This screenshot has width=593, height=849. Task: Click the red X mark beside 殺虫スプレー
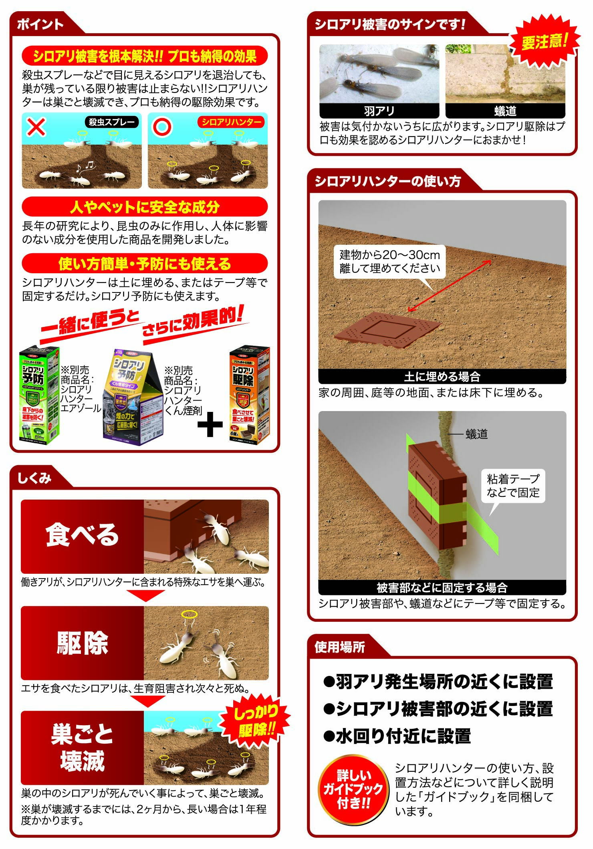(x=36, y=127)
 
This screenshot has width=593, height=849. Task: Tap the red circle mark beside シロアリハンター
(x=162, y=127)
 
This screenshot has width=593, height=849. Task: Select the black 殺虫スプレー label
(x=112, y=122)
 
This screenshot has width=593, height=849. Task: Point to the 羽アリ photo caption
(x=379, y=111)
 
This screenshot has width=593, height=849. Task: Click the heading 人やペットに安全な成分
(x=145, y=207)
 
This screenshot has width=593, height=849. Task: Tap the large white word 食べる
(x=82, y=535)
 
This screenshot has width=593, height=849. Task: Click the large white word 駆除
(x=82, y=643)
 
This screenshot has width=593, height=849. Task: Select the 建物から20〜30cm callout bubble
(x=389, y=262)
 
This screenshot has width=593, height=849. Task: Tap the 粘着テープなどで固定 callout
(x=513, y=486)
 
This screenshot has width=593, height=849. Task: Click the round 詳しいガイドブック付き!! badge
(x=353, y=789)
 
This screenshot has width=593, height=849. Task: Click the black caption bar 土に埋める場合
(x=442, y=377)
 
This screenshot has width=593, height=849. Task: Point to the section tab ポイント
(x=40, y=24)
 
